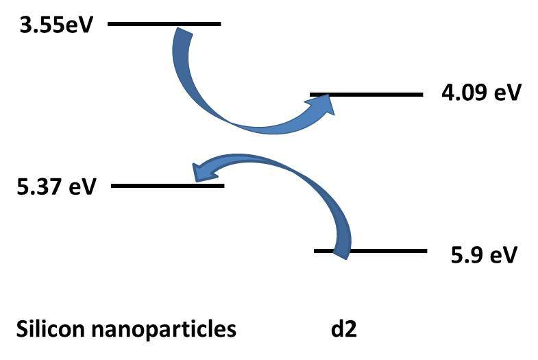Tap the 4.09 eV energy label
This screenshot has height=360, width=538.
[x=482, y=93]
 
